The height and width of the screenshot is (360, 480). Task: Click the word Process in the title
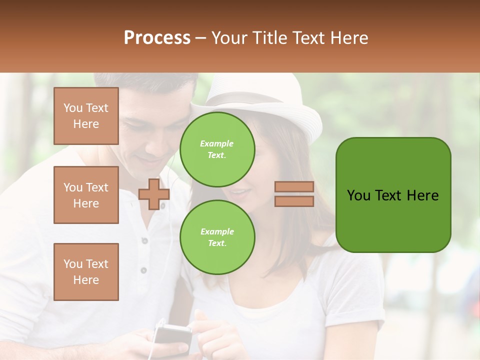tap(157, 38)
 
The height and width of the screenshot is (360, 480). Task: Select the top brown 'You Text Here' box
tap(86, 116)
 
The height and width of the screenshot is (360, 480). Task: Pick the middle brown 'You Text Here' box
tap(86, 195)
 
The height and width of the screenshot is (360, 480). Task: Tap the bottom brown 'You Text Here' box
tap(86, 271)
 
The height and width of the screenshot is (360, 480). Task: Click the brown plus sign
tap(153, 193)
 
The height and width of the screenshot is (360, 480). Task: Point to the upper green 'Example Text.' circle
tap(217, 149)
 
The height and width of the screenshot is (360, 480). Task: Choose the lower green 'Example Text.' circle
tap(217, 237)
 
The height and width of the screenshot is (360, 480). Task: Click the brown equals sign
tap(294, 194)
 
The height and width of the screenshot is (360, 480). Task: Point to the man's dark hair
tap(150, 85)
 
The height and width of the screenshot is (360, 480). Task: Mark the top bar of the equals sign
tap(294, 187)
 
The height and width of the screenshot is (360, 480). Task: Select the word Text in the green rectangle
tap(389, 195)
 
